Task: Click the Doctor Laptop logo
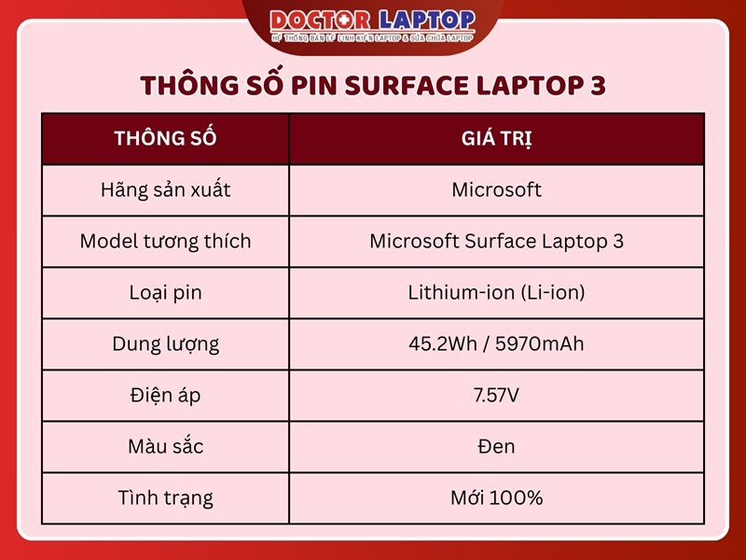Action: (373, 24)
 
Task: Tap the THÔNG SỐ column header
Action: (165, 139)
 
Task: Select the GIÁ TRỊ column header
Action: (496, 139)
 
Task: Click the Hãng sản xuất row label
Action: (165, 190)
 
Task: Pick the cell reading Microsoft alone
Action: (496, 190)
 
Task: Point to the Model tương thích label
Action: (165, 242)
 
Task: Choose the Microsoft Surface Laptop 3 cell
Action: (496, 242)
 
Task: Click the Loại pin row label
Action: (165, 293)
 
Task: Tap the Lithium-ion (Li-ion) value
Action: (496, 293)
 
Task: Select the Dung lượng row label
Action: (165, 343)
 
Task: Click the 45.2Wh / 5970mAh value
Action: (496, 343)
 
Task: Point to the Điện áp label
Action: (165, 395)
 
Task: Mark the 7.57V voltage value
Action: (496, 395)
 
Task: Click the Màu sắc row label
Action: (165, 446)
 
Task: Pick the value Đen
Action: (496, 446)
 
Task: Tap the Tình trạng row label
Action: (165, 497)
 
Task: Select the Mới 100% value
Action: (496, 497)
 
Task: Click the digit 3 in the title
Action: (597, 86)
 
